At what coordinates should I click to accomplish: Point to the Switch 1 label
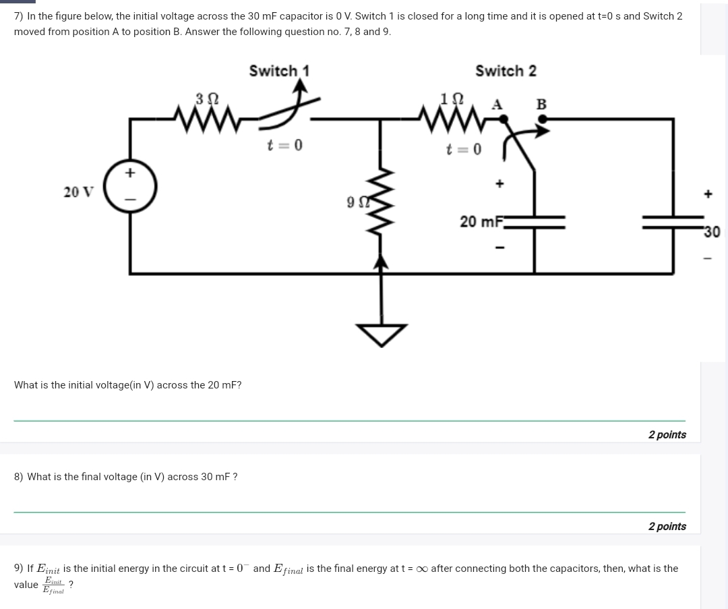pyautogui.click(x=279, y=71)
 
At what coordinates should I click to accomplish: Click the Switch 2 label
pyautogui.click(x=506, y=71)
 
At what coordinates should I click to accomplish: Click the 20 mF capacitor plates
pyautogui.click(x=535, y=222)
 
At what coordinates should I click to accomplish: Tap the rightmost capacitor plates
pyautogui.click(x=673, y=222)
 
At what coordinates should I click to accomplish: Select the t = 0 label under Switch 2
pyautogui.click(x=464, y=148)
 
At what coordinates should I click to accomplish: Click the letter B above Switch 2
pyautogui.click(x=541, y=105)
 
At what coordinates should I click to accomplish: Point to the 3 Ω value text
pyautogui.click(x=207, y=98)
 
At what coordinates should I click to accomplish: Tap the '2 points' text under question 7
pyautogui.click(x=667, y=434)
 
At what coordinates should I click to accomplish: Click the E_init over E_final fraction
pyautogui.click(x=53, y=585)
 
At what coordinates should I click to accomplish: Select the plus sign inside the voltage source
pyautogui.click(x=130, y=173)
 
